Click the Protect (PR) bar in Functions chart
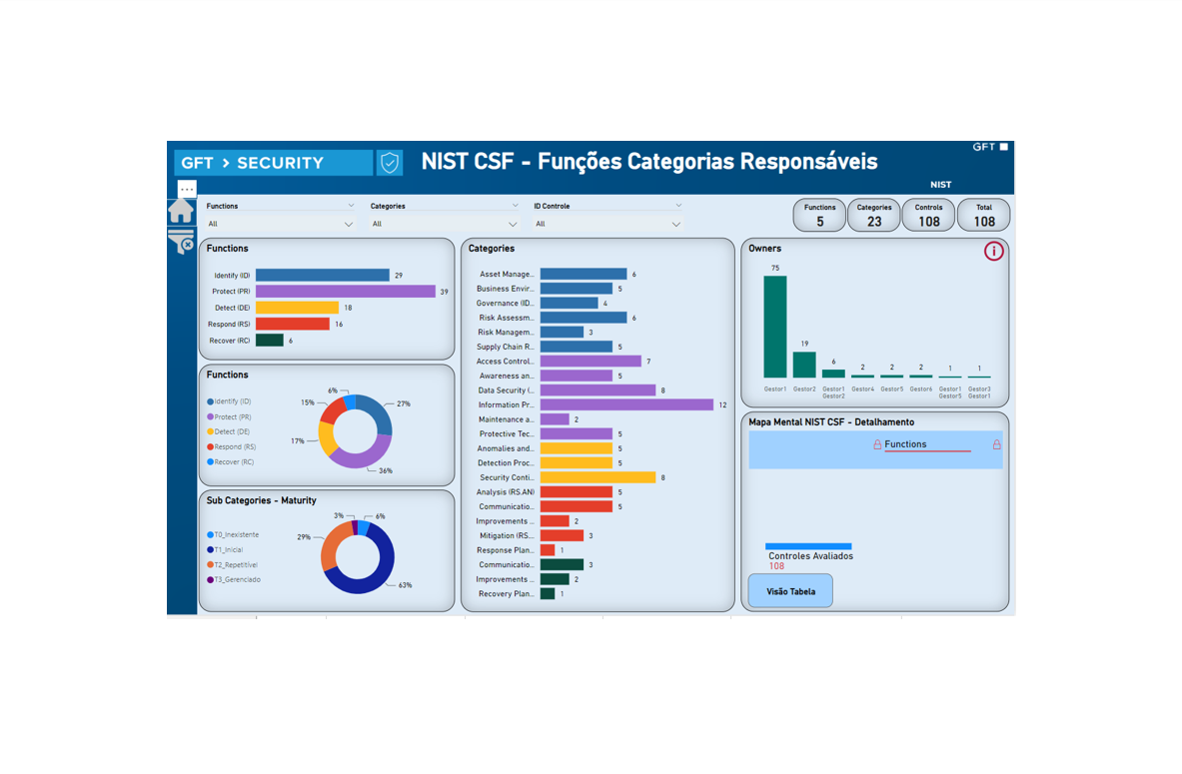pyautogui.click(x=345, y=292)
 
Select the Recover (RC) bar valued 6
pyautogui.click(x=270, y=341)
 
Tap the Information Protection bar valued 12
pyautogui.click(x=626, y=404)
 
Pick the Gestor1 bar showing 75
pyautogui.click(x=775, y=327)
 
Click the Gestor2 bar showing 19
pyautogui.click(x=804, y=365)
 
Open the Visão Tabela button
pyautogui.click(x=790, y=591)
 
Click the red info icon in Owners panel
pyautogui.click(x=993, y=251)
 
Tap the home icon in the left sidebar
pyautogui.click(x=181, y=211)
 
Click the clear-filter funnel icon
pyautogui.click(x=181, y=243)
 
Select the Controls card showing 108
pyautogui.click(x=928, y=216)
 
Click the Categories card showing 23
pyautogui.click(x=874, y=216)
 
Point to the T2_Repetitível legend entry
pyautogui.click(x=234, y=564)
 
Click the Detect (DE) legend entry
pyautogui.click(x=229, y=431)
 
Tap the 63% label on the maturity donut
pyautogui.click(x=405, y=585)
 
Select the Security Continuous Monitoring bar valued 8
pyautogui.click(x=597, y=477)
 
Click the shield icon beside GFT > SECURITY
pyautogui.click(x=390, y=163)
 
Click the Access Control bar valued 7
pyautogui.click(x=591, y=362)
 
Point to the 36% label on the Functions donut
pyautogui.click(x=386, y=470)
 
